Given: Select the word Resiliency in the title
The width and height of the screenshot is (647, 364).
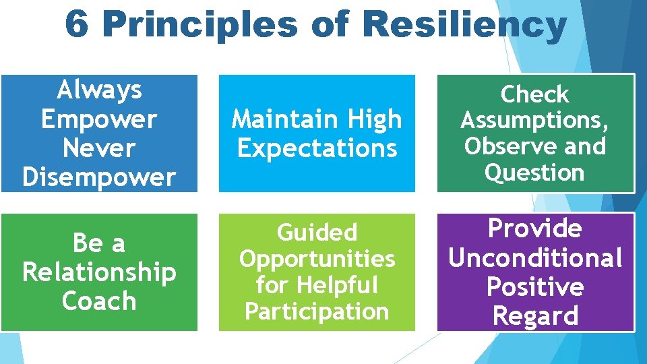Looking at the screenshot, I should tap(464, 25).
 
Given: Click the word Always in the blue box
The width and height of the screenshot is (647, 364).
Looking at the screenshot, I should tap(99, 89).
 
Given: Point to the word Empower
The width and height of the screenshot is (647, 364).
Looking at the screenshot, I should tap(99, 119).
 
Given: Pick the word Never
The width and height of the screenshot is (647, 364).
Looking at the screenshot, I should tap(99, 148).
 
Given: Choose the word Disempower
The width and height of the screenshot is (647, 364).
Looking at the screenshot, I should tap(99, 177).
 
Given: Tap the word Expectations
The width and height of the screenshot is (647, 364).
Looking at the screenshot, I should tap(317, 148).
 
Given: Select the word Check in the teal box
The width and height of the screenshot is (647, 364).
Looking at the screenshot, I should tap(535, 94).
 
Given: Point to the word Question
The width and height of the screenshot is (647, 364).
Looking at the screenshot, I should tap(535, 173).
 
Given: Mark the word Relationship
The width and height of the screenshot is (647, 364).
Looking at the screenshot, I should tap(99, 273).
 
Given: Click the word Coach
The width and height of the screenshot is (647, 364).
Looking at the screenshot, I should tap(99, 301).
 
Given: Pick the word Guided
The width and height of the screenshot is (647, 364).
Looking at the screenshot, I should tap(317, 233).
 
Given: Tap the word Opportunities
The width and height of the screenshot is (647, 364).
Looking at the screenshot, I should tap(317, 259).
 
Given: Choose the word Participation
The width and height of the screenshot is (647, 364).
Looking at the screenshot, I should tap(317, 311).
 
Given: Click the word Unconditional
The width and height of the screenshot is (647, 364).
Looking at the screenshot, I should tap(535, 257).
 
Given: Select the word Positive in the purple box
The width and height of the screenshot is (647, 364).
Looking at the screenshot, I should tap(535, 286).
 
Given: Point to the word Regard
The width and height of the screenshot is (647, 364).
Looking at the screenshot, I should tap(535, 315).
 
